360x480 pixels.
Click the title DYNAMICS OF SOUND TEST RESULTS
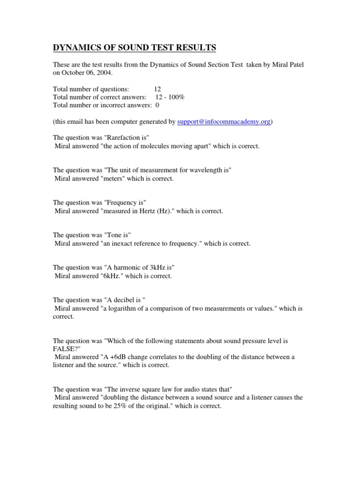click(134, 47)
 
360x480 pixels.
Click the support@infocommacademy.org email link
click(224, 122)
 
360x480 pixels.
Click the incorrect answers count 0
click(157, 105)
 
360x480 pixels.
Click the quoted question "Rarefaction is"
click(127, 138)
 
